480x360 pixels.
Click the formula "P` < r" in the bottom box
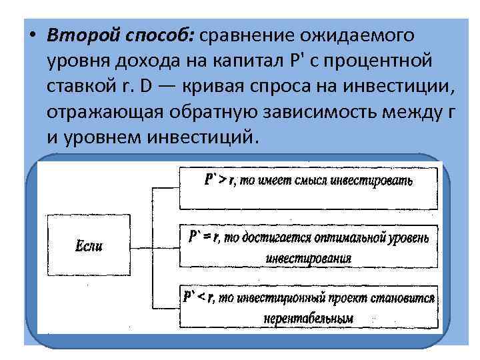198,297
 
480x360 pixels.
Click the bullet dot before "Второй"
31,35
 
